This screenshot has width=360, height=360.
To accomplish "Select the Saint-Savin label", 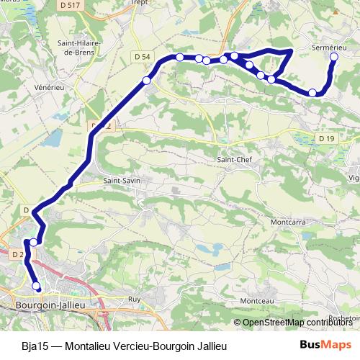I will (120, 180).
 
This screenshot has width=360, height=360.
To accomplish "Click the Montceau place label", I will (257, 300).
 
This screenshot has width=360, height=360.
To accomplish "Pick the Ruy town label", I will (134, 298).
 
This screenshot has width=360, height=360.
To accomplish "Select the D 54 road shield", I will (141, 57).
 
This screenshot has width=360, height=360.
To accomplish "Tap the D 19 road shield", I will (327, 138).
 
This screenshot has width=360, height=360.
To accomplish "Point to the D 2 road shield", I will (18, 253).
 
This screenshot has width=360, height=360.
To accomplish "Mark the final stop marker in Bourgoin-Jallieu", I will (37, 287).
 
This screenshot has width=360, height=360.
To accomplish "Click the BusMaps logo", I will (325, 344).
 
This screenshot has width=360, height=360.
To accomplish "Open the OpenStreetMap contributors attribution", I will (295, 323).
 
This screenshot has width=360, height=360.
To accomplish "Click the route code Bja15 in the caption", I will (24, 345).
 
